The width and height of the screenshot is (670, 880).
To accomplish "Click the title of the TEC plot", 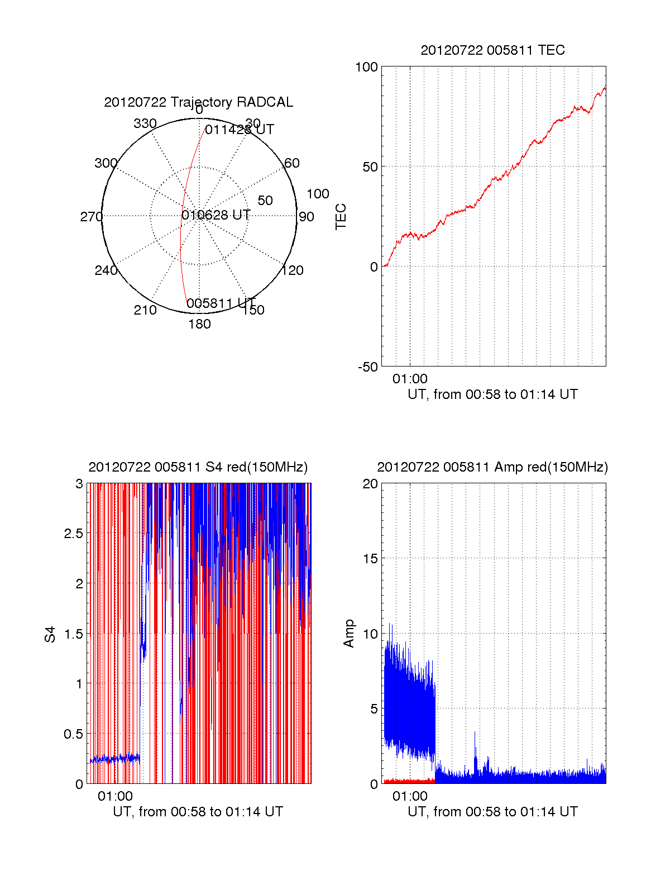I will click(x=492, y=50).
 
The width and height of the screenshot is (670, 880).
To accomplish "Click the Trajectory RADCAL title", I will click(x=198, y=102).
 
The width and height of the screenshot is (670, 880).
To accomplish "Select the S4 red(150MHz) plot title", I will click(x=198, y=467).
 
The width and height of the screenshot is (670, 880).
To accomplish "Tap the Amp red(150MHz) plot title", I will click(x=492, y=467).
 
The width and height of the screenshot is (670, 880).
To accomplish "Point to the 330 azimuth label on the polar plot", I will click(x=145, y=123).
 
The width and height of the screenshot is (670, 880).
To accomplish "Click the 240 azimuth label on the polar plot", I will click(x=106, y=270).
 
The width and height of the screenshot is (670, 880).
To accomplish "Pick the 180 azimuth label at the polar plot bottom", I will click(x=199, y=324).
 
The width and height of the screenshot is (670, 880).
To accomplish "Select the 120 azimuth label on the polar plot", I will click(x=293, y=270).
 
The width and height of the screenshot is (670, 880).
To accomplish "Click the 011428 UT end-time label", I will click(x=240, y=130).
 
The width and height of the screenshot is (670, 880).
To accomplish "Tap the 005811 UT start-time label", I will click(x=221, y=303).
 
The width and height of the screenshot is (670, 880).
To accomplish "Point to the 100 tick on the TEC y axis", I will click(x=367, y=67).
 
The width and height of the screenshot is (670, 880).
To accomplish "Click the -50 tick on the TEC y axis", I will click(x=368, y=367).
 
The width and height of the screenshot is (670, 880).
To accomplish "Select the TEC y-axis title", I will click(x=341, y=217).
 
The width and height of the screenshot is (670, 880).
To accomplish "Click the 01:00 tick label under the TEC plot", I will click(x=410, y=379).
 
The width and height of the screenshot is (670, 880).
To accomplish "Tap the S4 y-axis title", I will click(x=50, y=634).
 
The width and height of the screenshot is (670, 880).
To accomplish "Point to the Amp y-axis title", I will click(x=349, y=634).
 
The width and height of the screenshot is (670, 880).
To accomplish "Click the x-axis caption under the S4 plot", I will click(x=198, y=812).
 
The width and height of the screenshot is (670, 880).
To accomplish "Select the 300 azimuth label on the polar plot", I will click(x=106, y=163).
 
